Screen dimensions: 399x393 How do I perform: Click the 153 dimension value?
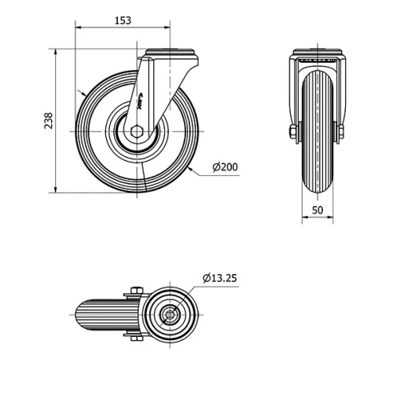tap(123, 20)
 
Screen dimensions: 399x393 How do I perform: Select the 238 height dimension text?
tap(48, 121)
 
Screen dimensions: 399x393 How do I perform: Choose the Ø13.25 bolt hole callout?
tap(220, 277)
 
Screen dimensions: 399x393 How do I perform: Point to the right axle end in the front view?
tap(340, 131)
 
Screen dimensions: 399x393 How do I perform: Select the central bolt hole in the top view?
tap(170, 317)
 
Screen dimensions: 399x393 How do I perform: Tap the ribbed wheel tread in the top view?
tap(98, 317)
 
